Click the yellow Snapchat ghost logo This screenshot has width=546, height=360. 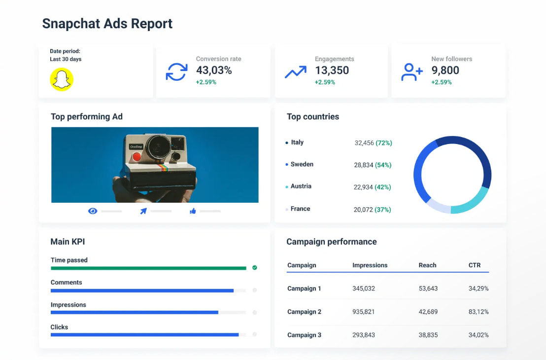pos(62,79)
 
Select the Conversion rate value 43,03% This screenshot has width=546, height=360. pos(214,71)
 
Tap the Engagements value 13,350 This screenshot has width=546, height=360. pos(332,71)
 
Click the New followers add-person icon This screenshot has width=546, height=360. pos(411,72)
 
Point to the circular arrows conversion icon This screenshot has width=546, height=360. pos(176,72)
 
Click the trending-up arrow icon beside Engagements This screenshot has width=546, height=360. pos(295,72)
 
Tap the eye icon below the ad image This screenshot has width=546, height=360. pos(93,211)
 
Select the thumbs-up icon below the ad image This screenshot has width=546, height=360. pos(193,211)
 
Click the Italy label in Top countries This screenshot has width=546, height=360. pos(297,143)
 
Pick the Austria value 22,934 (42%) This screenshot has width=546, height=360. pos(372,187)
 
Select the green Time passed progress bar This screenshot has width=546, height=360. pos(148,268)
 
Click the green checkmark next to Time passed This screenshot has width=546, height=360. pos(255,268)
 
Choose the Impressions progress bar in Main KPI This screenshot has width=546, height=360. pos(135,312)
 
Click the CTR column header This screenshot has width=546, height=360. pos(474,265)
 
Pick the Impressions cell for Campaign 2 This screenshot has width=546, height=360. pos(364,312)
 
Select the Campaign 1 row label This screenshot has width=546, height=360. pos(304,288)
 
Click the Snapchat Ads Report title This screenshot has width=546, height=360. pos(107,24)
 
